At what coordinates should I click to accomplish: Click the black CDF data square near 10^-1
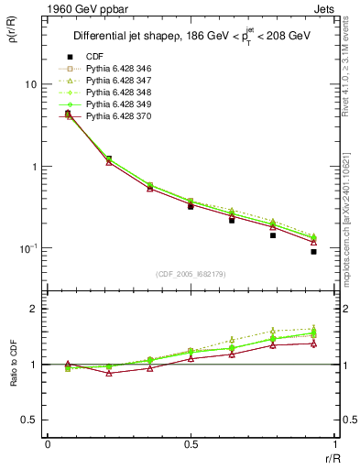313,251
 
